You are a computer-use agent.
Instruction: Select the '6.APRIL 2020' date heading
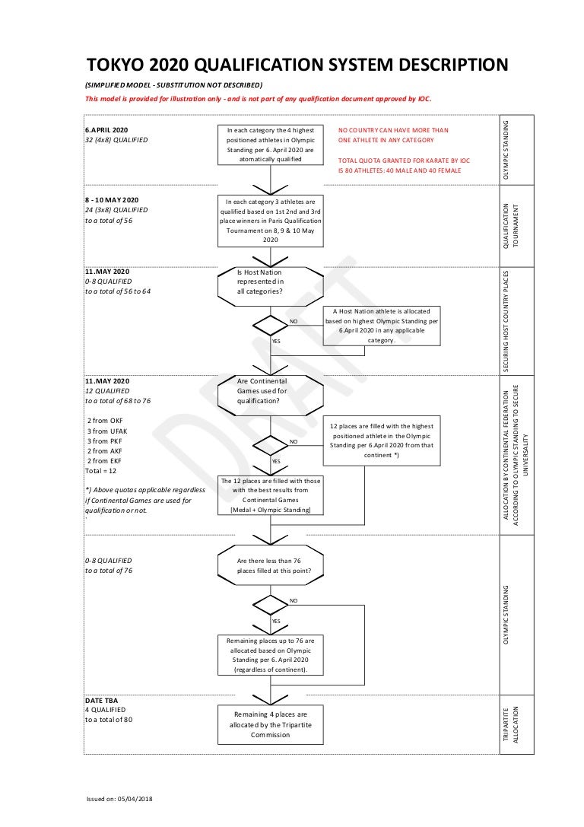pyautogui.click(x=106, y=130)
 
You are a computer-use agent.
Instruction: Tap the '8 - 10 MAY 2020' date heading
pyautogui.click(x=112, y=200)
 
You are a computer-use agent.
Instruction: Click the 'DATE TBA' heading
pyautogui.click(x=102, y=700)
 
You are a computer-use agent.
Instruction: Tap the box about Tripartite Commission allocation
pyautogui.click(x=271, y=724)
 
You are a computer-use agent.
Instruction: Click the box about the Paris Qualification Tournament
pyautogui.click(x=271, y=221)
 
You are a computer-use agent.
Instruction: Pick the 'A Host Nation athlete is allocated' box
pyautogui.click(x=382, y=326)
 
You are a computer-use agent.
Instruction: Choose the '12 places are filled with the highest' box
pyautogui.click(x=382, y=441)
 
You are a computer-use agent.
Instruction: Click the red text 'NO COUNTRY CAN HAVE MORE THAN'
pyautogui.click(x=393, y=130)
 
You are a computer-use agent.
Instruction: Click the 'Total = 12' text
pyautogui.click(x=100, y=470)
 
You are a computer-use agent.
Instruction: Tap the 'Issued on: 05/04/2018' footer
pyautogui.click(x=119, y=799)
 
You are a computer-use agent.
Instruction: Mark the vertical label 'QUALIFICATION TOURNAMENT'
pyautogui.click(x=512, y=225)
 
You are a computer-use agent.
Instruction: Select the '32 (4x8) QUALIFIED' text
pyautogui.click(x=116, y=140)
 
